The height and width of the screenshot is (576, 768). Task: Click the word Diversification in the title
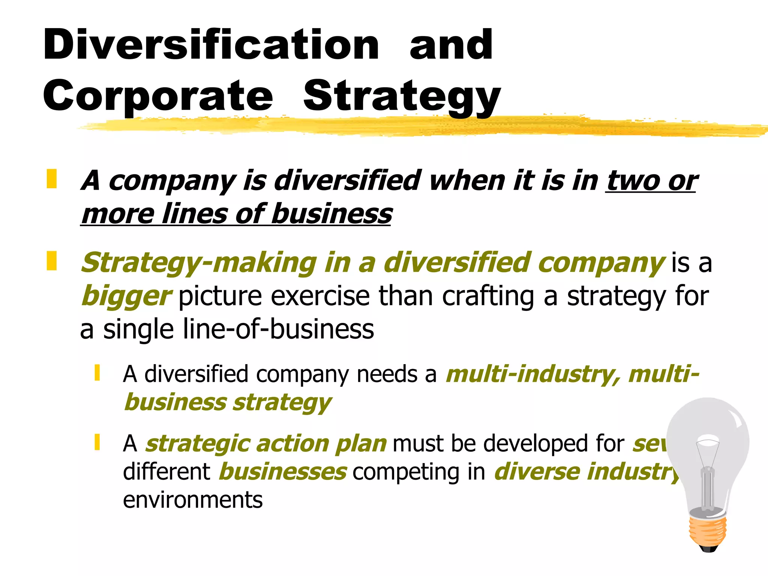(211, 45)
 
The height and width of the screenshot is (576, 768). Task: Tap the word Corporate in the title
(158, 96)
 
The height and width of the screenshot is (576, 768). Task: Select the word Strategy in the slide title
(402, 97)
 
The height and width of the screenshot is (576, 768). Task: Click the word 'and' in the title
(451, 46)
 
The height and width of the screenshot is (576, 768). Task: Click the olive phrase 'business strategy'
(228, 402)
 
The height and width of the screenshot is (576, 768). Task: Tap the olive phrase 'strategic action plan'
(266, 444)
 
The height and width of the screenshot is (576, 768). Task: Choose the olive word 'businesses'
(283, 472)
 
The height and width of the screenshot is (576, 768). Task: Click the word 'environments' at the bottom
(193, 500)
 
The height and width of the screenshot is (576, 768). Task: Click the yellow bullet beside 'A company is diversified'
(52, 179)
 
